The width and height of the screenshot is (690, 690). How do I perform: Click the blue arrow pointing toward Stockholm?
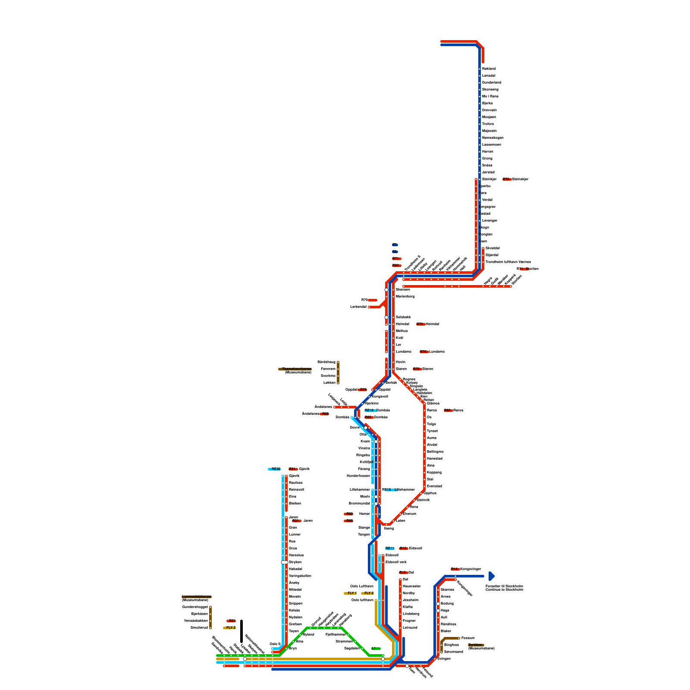tap(492, 576)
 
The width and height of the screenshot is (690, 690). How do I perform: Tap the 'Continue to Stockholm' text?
tap(504, 590)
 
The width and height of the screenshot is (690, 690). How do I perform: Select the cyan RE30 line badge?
tap(274, 469)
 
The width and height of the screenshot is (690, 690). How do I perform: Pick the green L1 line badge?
tap(376, 648)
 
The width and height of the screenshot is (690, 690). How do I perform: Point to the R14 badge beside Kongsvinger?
tap(455, 569)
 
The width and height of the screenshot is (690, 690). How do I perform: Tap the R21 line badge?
tap(231, 621)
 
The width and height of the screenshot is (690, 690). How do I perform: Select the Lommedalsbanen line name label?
tap(197, 596)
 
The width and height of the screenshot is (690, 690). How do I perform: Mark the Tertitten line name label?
tap(476, 645)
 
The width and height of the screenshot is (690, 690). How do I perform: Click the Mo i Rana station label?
tap(490, 96)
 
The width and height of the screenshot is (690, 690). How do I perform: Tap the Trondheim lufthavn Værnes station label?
tap(508, 262)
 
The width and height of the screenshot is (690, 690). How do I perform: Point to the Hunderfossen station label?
tap(358, 476)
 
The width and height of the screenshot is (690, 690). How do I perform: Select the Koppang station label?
tap(434, 472)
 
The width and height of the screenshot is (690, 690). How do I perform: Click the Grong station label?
tap(487, 158)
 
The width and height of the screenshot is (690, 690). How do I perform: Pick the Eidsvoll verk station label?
tap(396, 562)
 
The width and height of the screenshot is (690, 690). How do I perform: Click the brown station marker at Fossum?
tap(459, 638)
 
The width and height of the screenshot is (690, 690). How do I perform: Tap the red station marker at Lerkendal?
tap(369, 307)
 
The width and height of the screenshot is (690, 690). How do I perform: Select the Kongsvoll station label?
tap(379, 396)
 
